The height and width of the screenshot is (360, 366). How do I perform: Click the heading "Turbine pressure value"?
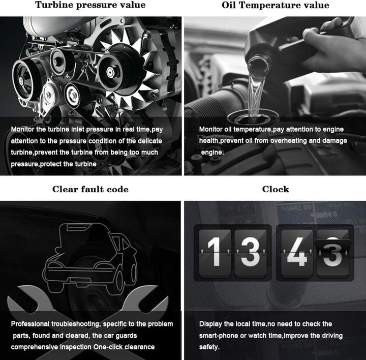[x=90, y=5]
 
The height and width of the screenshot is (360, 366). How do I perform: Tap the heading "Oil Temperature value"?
[x=276, y=5]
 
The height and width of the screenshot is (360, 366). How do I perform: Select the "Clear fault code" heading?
[x=90, y=189]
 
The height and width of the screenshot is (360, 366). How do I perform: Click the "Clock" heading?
[x=276, y=189]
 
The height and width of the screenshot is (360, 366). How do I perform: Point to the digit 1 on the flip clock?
[x=215, y=252]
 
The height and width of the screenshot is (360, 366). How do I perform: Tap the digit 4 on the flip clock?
[x=296, y=252]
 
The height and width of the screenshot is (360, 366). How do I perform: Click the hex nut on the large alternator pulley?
[x=110, y=72]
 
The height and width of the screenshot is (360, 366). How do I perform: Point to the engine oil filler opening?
[x=253, y=117]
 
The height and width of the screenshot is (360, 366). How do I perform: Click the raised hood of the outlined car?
[x=88, y=236]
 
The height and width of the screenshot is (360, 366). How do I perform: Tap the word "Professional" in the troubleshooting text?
[x=30, y=324]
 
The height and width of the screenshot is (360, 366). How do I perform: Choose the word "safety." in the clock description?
[x=209, y=347]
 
